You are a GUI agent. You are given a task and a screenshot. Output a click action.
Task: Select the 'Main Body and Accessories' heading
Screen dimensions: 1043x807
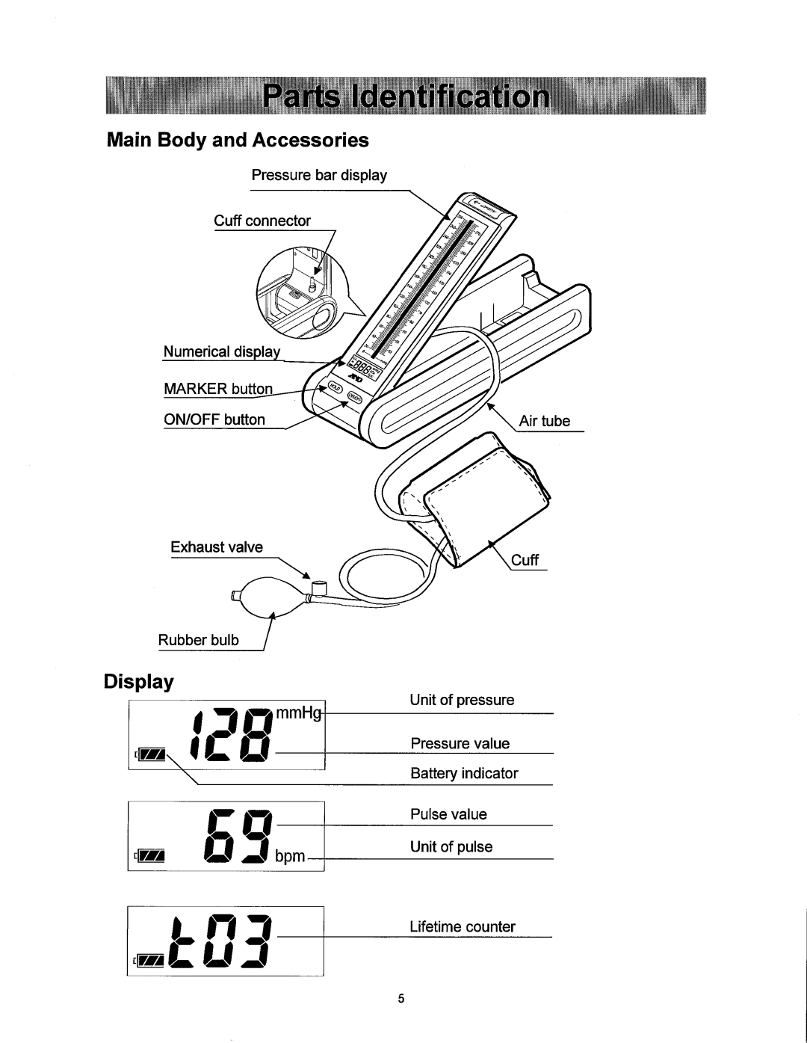click(238, 141)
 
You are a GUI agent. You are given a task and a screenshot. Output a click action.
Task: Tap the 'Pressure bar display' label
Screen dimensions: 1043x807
click(319, 176)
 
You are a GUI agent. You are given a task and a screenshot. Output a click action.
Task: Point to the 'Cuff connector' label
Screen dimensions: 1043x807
click(262, 221)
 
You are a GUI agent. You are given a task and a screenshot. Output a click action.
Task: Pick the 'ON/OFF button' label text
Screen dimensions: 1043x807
click(215, 419)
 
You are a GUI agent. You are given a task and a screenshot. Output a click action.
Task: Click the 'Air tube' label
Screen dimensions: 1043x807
click(545, 421)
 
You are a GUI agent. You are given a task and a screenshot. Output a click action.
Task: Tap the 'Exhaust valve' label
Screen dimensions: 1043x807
click(217, 547)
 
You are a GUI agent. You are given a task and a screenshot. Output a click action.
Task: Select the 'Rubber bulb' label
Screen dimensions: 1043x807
click(198, 640)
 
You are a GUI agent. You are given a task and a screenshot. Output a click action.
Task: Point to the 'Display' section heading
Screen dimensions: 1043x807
click(138, 682)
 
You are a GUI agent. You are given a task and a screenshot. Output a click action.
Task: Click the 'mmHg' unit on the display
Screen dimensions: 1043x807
click(299, 715)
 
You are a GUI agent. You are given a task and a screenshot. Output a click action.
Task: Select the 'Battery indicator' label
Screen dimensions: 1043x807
click(464, 774)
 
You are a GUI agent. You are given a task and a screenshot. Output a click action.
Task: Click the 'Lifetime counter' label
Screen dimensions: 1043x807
click(463, 927)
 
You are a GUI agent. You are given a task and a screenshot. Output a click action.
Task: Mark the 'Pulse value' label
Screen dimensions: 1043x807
click(448, 814)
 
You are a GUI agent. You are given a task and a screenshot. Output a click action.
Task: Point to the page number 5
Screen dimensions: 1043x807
click(401, 1000)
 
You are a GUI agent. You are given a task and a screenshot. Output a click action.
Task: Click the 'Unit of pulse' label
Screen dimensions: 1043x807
click(451, 846)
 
